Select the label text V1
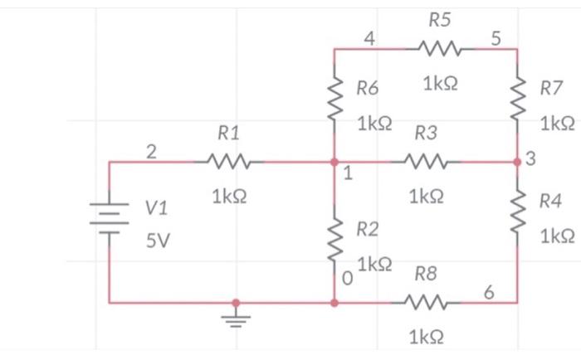click(156, 208)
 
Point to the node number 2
click(150, 152)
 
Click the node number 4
click(369, 38)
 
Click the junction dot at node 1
click(334, 162)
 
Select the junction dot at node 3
click(518, 162)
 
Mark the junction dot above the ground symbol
click(237, 304)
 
